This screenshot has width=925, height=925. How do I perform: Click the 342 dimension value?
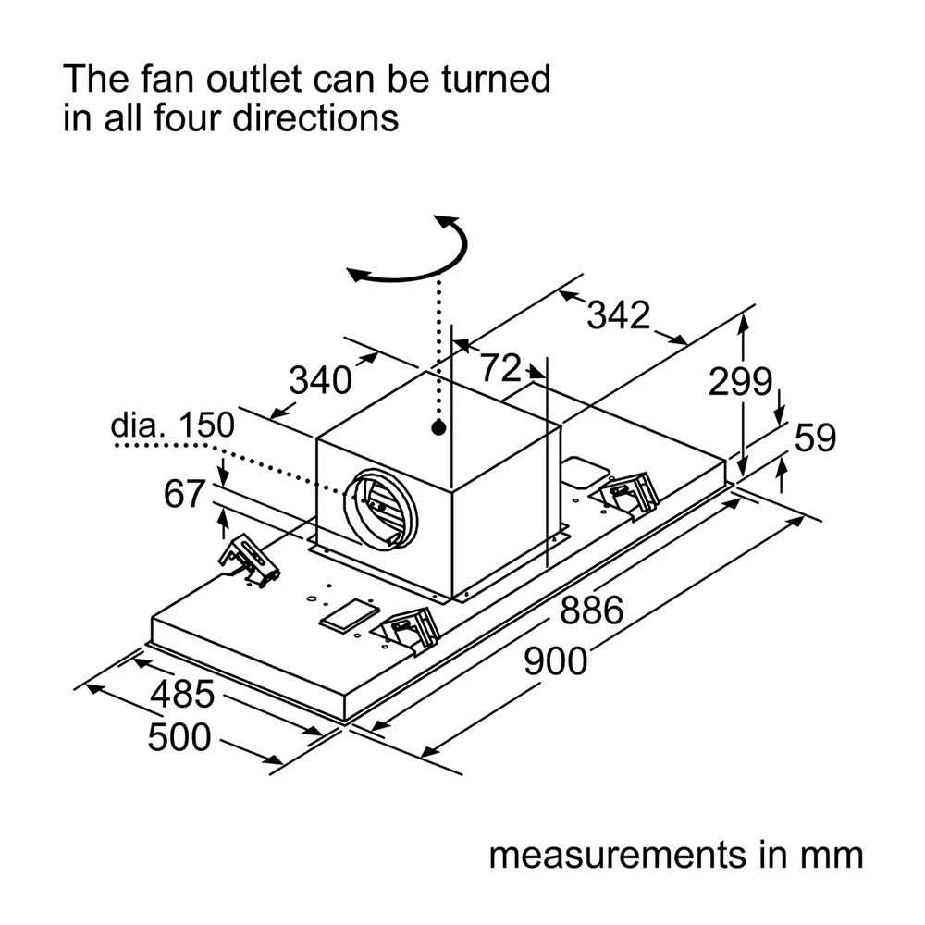tap(618, 315)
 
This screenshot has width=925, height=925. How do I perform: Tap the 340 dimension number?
tap(320, 380)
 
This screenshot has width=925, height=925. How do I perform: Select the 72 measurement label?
tap(500, 368)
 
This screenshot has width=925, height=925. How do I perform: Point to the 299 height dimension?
tap(740, 381)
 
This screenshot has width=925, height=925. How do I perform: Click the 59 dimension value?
tap(815, 438)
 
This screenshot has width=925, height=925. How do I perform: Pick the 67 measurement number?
tap(185, 494)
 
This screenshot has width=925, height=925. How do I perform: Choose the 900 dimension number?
tap(556, 660)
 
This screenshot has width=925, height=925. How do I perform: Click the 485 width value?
tap(182, 694)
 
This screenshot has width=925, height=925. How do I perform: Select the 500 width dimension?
tap(179, 737)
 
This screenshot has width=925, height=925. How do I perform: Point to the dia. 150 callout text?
tap(172, 425)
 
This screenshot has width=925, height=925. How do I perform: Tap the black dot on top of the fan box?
tap(438, 427)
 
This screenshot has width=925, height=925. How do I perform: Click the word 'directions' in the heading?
tap(315, 117)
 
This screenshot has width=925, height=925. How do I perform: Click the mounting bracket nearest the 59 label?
tap(629, 494)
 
